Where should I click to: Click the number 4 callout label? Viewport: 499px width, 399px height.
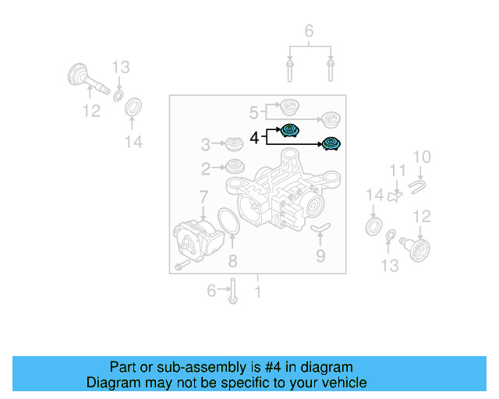tap(254, 138)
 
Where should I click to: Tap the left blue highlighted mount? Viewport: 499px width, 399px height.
tap(290, 131)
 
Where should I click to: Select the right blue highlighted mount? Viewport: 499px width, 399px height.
tap(332, 143)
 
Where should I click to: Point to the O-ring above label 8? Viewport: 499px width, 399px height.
tap(225, 221)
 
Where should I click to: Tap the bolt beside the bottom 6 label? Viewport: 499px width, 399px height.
tap(233, 291)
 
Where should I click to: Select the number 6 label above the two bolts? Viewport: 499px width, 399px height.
tap(309, 31)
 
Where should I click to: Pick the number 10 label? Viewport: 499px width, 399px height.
tap(421, 158)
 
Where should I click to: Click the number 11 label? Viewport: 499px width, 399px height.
tap(398, 170)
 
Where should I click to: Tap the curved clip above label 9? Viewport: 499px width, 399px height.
tap(320, 227)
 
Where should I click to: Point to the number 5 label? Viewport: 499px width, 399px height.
tap(254, 111)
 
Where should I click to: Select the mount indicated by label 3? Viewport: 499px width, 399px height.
tap(233, 144)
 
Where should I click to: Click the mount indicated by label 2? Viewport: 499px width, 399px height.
tap(233, 167)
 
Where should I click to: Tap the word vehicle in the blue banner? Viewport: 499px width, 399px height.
tap(341, 383)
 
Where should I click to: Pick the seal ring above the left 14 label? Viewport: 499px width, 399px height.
tap(134, 107)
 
